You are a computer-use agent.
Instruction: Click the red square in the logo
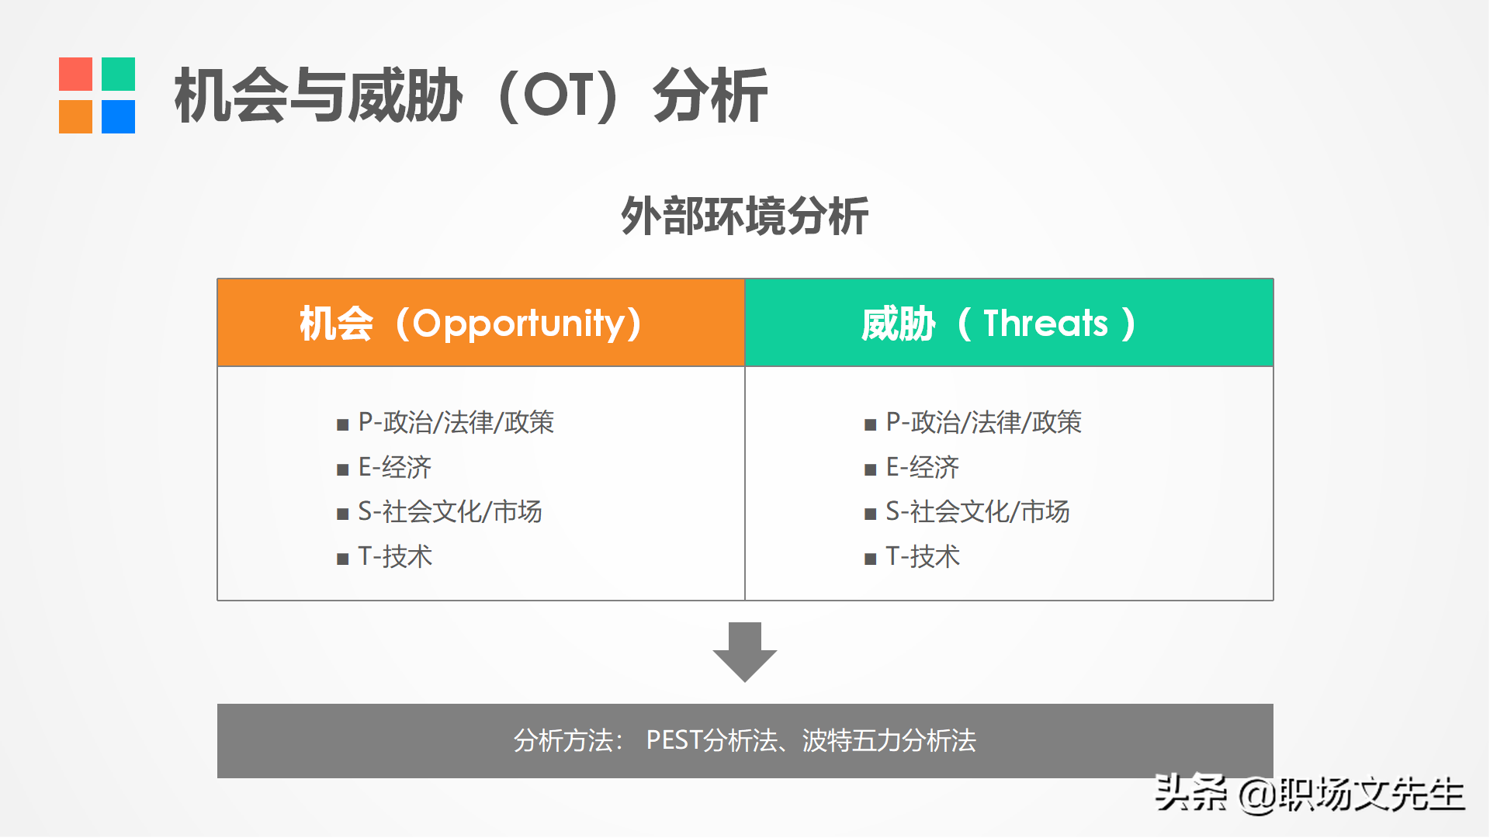75,74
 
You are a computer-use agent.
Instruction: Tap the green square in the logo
118,74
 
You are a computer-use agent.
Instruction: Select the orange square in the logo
75,116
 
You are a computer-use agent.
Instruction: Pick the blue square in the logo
118,116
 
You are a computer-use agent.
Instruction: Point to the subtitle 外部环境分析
745,216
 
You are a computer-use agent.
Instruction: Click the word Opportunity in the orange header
518,324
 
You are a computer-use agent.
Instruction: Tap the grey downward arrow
745,652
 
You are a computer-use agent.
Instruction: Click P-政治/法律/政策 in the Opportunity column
456,422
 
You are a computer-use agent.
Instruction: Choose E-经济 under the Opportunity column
394,467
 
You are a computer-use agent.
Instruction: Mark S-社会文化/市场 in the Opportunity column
450,512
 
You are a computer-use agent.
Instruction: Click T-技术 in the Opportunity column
395,556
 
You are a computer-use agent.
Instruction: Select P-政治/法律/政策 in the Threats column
983,422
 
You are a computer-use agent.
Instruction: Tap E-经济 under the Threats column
922,467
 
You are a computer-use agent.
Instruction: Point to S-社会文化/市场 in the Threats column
978,512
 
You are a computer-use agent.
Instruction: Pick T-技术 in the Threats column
923,556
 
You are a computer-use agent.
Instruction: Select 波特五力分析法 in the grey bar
889,740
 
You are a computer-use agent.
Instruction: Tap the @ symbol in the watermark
1257,795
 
